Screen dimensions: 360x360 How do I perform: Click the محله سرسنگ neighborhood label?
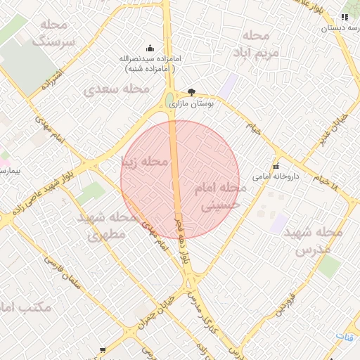58,33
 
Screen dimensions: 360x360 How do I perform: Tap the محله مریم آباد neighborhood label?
259,44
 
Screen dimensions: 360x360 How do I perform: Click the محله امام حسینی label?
223,197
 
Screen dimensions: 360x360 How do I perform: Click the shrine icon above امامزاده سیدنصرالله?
150,49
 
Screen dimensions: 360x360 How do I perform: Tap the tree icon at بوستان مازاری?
192,91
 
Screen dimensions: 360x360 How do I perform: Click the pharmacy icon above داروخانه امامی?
275,166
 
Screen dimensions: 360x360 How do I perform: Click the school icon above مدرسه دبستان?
345,17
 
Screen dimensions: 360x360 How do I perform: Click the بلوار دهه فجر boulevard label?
181,239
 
